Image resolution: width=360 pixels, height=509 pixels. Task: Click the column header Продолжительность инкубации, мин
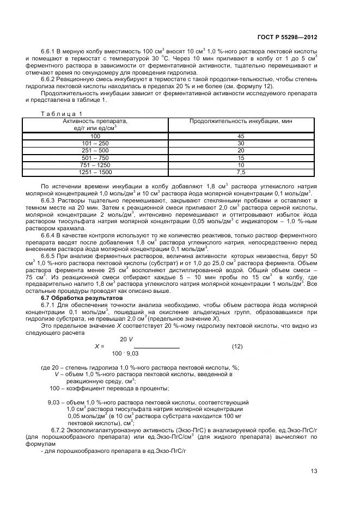(241, 121)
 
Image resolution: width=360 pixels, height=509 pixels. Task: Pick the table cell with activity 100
(95, 136)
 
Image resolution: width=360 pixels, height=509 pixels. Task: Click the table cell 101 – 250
(95, 143)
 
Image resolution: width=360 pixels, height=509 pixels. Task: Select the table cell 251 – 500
(95, 150)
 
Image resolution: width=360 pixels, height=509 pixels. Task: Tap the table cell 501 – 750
(95, 158)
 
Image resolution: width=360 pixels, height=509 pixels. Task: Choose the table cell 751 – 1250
(95, 165)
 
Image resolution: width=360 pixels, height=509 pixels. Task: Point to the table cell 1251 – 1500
(95, 173)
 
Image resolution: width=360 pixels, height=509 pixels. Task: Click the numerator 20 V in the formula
(126, 339)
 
